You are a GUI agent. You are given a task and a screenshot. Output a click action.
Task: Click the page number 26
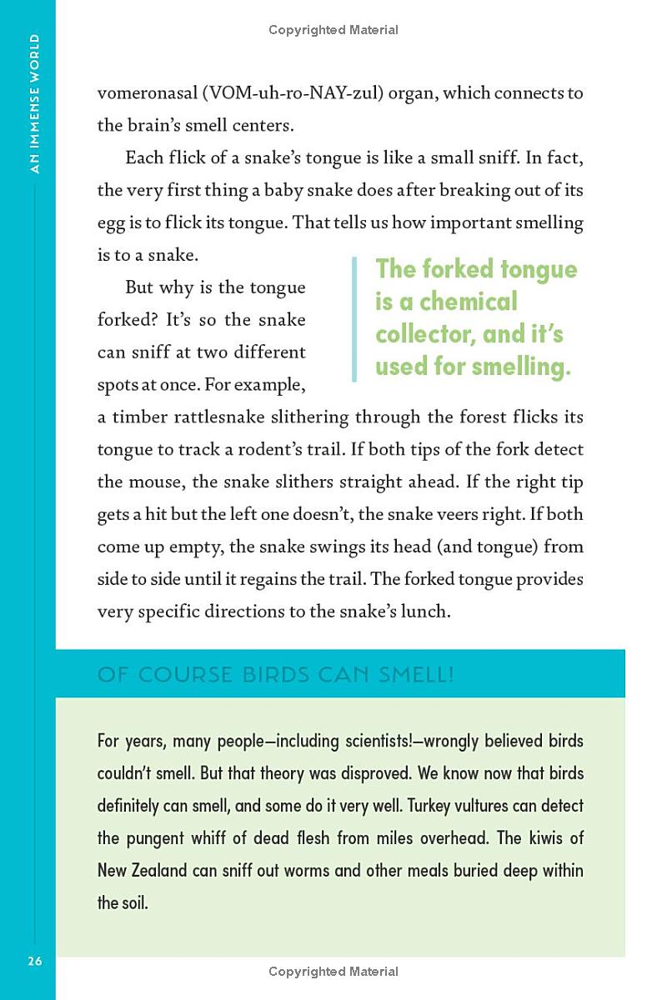point(34,962)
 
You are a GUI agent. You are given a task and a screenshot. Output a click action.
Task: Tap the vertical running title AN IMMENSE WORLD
point(33,103)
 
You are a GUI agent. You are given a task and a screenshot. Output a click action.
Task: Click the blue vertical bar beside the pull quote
point(355,319)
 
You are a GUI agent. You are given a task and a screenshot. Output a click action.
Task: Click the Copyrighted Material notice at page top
point(333,30)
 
